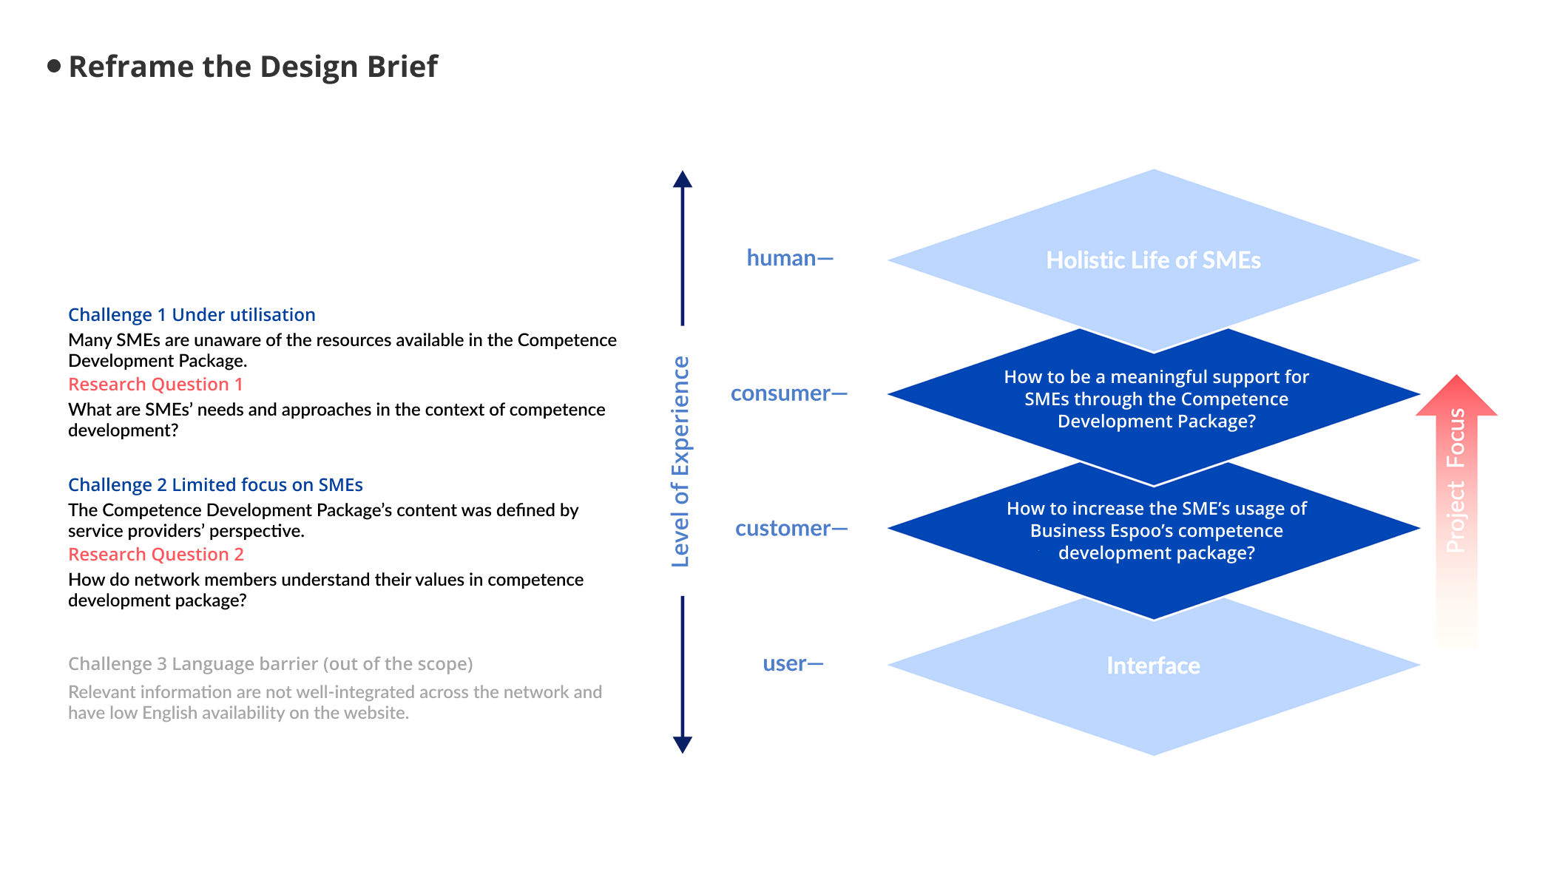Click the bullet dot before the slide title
point(53,66)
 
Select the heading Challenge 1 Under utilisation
point(192,315)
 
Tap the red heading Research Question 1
point(155,385)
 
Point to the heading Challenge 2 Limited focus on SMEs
point(215,485)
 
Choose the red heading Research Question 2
point(156,555)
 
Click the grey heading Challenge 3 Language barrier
point(270,664)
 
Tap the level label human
point(781,258)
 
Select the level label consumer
point(780,393)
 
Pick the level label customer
point(783,529)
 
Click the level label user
point(784,664)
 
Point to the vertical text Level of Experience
point(680,461)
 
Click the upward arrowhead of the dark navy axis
point(683,180)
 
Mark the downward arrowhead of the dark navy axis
point(683,745)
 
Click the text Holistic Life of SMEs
point(1153,260)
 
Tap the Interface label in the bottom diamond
point(1153,666)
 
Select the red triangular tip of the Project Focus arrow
point(1456,395)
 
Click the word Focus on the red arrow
point(1456,438)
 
